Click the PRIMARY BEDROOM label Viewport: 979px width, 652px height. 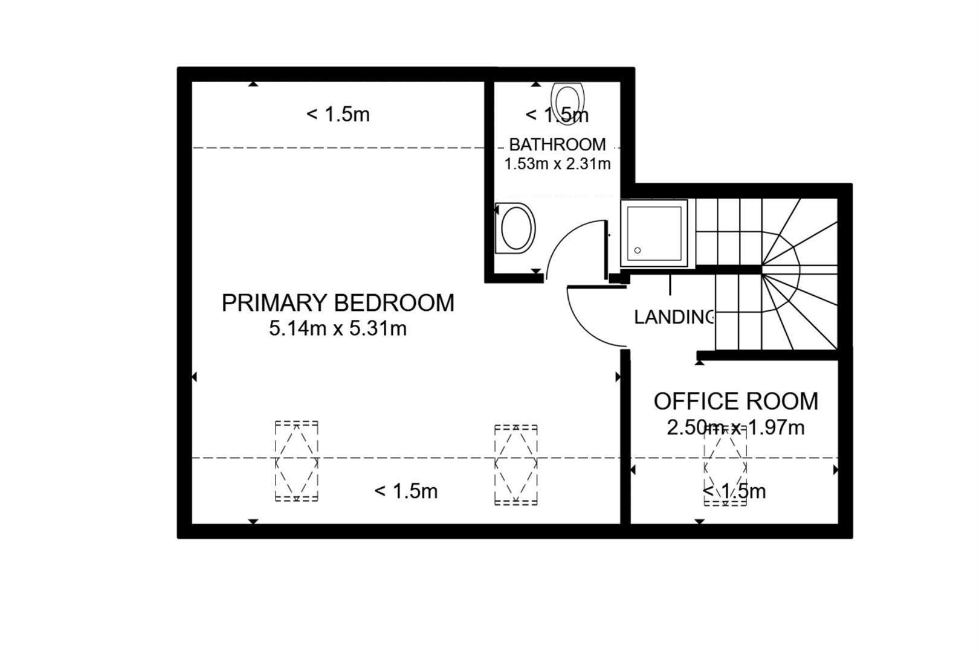338,303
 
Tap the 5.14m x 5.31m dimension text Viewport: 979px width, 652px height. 338,328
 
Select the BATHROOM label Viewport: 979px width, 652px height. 557,144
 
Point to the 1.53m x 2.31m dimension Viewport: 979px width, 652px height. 557,164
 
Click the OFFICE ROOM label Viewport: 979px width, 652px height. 735,401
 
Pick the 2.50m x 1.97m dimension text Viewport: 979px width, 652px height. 735,427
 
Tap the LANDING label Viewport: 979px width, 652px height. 674,318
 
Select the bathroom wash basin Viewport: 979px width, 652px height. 515,228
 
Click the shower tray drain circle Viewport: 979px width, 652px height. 637,250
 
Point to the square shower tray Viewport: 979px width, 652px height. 654,233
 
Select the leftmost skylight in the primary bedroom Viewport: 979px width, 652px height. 296,461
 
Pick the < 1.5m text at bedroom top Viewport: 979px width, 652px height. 338,115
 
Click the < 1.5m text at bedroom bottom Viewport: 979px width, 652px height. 406,491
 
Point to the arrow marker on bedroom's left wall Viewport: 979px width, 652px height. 195,377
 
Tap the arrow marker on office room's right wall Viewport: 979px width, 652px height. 836,470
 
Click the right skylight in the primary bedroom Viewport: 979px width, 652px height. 515,465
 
